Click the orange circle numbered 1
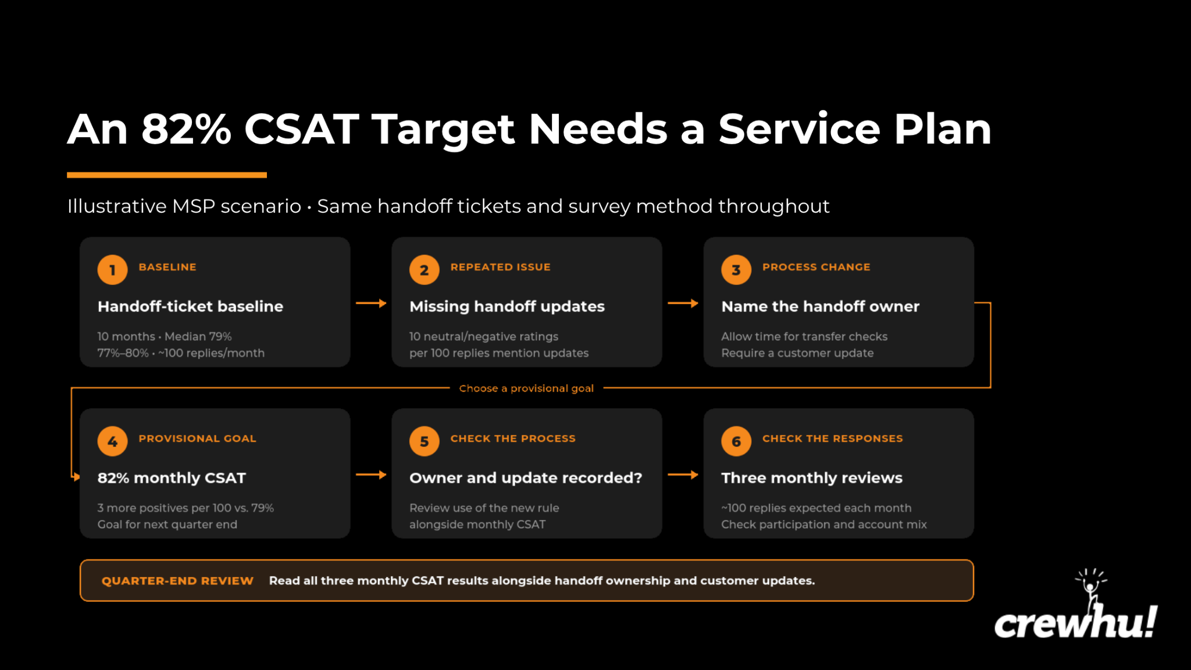pyautogui.click(x=112, y=270)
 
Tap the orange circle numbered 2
pyautogui.click(x=425, y=270)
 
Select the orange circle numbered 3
pyautogui.click(x=736, y=270)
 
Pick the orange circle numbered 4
pyautogui.click(x=112, y=441)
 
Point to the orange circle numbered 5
pyautogui.click(x=425, y=441)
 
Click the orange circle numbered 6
pyautogui.click(x=736, y=441)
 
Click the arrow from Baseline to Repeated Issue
pyautogui.click(x=371, y=303)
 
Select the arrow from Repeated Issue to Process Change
pyautogui.click(x=683, y=303)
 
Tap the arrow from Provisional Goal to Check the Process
pyautogui.click(x=371, y=475)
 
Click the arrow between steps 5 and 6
pyautogui.click(x=683, y=475)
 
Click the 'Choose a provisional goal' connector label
pyautogui.click(x=526, y=388)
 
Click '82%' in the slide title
pyautogui.click(x=186, y=129)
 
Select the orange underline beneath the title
pyautogui.click(x=167, y=174)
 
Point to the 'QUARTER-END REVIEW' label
pyautogui.click(x=177, y=580)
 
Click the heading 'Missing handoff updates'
pyautogui.click(x=507, y=306)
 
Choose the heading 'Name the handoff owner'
pyautogui.click(x=821, y=306)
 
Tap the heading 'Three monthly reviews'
pyautogui.click(x=812, y=477)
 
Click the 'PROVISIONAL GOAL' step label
pyautogui.click(x=197, y=439)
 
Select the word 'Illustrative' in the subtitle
pyautogui.click(x=117, y=206)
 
